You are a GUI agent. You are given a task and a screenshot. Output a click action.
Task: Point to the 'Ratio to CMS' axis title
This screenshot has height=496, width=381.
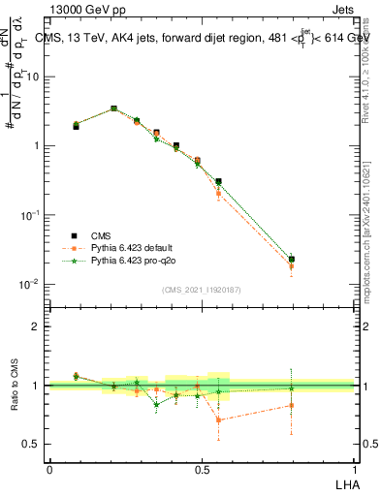[15, 385]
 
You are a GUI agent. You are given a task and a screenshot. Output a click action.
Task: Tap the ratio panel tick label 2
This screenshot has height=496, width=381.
[37, 326]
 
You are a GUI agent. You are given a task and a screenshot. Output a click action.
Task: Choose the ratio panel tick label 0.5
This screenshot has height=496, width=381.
[33, 445]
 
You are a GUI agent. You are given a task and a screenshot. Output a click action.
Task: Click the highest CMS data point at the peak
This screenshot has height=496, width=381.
[114, 109]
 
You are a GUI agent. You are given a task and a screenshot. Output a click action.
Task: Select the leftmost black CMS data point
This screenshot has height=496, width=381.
[76, 126]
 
